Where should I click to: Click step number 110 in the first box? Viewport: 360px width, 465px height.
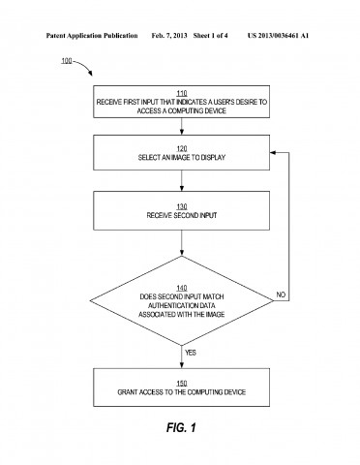(180, 94)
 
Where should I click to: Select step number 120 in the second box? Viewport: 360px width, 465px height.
(180, 146)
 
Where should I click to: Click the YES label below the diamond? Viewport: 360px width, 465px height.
(190, 353)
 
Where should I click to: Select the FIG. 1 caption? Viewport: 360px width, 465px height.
(180, 427)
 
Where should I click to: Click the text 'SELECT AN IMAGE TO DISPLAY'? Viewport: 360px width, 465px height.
(180, 155)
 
